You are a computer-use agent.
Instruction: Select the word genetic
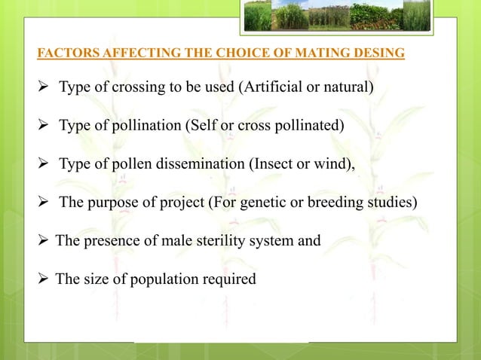point(283,202)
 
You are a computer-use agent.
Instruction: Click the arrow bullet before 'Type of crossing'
point(44,87)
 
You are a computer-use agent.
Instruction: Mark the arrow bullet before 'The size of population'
point(44,279)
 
